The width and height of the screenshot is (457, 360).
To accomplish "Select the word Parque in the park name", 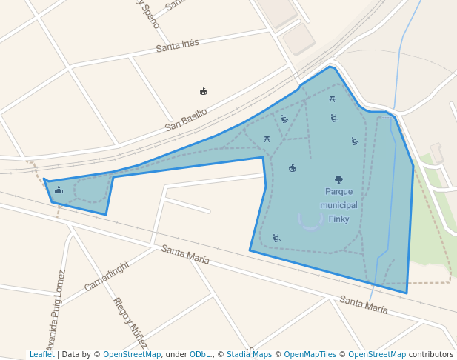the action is point(338,192).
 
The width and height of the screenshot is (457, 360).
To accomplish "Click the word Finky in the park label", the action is point(338,219).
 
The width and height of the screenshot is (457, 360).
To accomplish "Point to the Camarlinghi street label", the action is point(107,276).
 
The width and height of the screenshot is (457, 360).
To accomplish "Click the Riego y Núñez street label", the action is point(130,322).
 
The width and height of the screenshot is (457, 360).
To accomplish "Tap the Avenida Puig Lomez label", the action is point(56,311).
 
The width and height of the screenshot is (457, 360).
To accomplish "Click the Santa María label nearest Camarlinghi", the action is point(185,255).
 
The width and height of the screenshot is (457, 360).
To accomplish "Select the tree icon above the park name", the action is point(338,179).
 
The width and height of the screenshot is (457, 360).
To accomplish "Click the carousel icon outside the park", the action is point(204,91).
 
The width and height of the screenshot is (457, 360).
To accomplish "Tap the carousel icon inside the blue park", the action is point(292,168).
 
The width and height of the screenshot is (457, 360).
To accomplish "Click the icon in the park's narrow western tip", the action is point(59,190).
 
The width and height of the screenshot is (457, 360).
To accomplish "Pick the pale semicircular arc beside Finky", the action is point(311,221).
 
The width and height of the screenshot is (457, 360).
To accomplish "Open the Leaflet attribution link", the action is point(42,354).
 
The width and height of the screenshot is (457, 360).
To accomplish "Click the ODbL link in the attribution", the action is point(199,354).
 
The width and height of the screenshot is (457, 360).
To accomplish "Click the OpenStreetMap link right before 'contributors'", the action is point(377,354).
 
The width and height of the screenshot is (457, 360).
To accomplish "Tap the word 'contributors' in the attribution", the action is point(431,354).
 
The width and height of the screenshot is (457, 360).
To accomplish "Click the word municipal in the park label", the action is point(338,205).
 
